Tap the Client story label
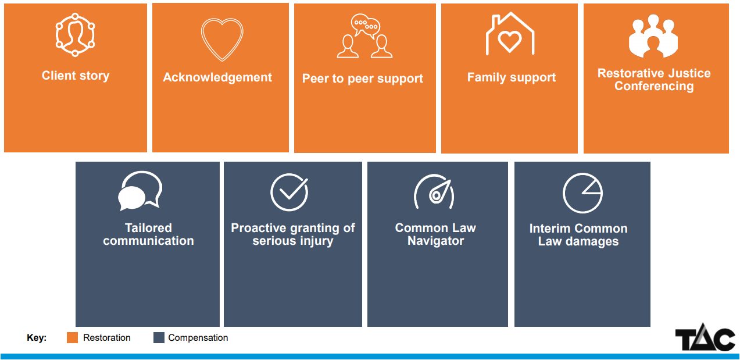click(76, 76)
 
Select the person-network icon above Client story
click(75, 35)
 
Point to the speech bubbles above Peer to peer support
click(365, 26)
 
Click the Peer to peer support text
click(362, 79)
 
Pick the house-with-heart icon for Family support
click(510, 34)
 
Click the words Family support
click(512, 77)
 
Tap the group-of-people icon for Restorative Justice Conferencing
click(653, 36)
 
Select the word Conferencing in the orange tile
click(654, 86)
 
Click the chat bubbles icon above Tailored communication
click(140, 191)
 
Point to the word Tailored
click(148, 228)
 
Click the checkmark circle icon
click(289, 192)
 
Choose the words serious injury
click(293, 241)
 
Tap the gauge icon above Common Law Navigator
click(434, 192)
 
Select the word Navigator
click(435, 241)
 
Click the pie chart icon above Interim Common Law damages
click(582, 193)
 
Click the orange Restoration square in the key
click(72, 337)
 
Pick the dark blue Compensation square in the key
click(159, 337)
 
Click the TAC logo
click(705, 338)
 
